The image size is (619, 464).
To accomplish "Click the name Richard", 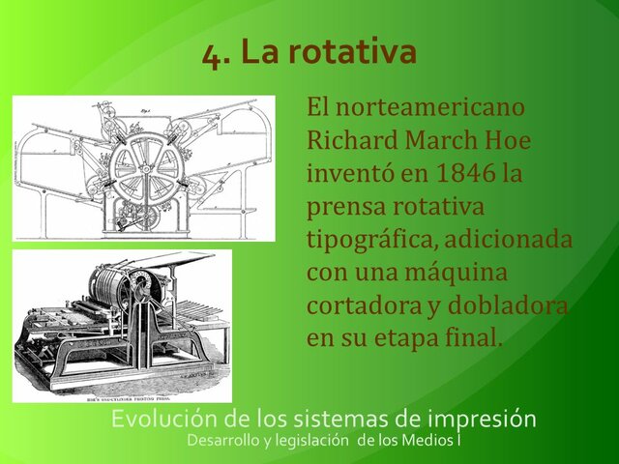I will [x=353, y=139].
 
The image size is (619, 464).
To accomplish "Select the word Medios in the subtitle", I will [x=428, y=441].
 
